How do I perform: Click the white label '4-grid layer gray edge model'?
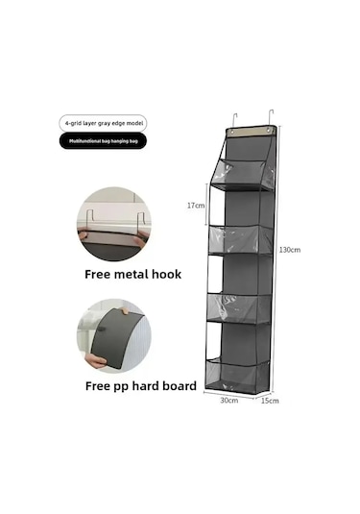click(x=105, y=122)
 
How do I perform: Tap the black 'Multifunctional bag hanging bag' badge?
click(x=105, y=141)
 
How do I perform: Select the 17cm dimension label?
click(x=196, y=205)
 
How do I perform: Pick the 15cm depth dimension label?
click(x=271, y=401)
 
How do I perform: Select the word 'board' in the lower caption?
click(x=173, y=386)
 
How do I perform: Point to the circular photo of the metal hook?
click(x=114, y=225)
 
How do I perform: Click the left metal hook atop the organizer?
click(x=234, y=117)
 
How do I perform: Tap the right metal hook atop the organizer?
click(x=272, y=117)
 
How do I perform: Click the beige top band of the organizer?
click(x=252, y=129)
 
